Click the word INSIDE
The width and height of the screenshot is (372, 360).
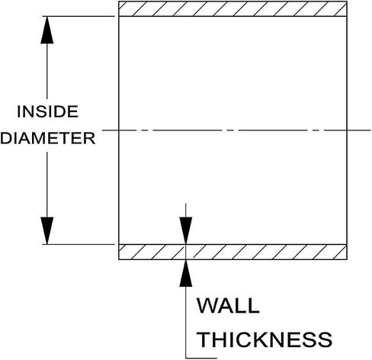[47, 111]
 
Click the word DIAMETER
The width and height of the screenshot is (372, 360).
[48, 138]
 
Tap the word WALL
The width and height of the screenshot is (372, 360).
[228, 305]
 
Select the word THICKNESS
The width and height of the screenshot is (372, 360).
[265, 339]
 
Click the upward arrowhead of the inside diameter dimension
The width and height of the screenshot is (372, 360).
[47, 30]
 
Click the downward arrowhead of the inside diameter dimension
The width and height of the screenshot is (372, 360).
[47, 230]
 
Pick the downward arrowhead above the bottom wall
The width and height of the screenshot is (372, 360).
[186, 230]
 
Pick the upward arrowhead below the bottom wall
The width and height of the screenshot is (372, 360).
[186, 273]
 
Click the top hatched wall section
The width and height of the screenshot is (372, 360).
[232, 9]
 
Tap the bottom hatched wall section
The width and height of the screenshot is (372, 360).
[232, 252]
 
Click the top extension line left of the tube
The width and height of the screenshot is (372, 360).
[79, 16]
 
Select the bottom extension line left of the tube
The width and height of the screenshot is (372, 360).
[79, 244]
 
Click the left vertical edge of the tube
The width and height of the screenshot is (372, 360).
[119, 130]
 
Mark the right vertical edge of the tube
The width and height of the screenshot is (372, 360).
[347, 130]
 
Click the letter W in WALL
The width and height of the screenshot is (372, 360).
[207, 305]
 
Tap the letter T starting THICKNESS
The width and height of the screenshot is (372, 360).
[204, 339]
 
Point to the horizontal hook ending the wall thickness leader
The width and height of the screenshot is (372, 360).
[201, 358]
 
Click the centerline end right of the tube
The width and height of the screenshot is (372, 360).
[370, 130]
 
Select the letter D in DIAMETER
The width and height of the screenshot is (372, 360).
[6, 138]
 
